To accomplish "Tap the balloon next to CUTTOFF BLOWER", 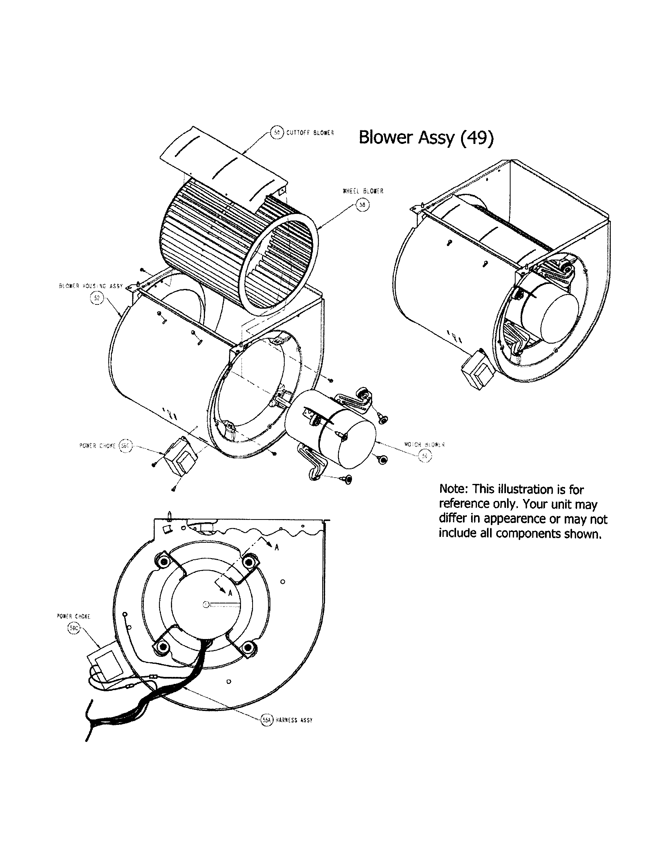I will (x=277, y=132).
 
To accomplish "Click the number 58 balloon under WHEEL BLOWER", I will (x=363, y=205).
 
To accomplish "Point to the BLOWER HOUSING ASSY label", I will (x=91, y=285).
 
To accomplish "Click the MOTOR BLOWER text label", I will (x=424, y=444).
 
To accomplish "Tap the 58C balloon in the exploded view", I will (x=125, y=446).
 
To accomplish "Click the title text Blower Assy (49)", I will (x=425, y=137).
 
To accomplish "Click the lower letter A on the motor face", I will (x=230, y=593).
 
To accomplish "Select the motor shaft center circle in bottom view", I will (x=205, y=604).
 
